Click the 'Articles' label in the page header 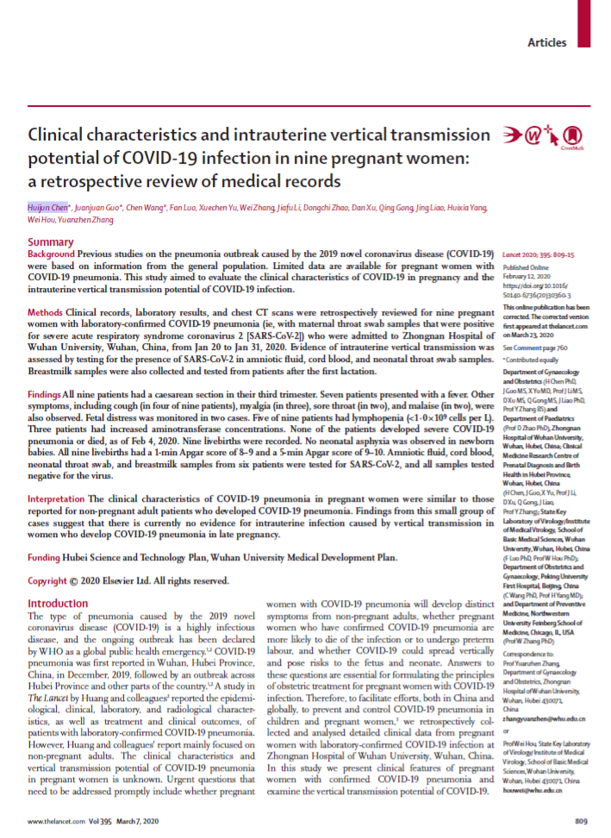click(547, 42)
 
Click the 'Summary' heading click(51, 242)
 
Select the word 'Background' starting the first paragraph click(51, 255)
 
